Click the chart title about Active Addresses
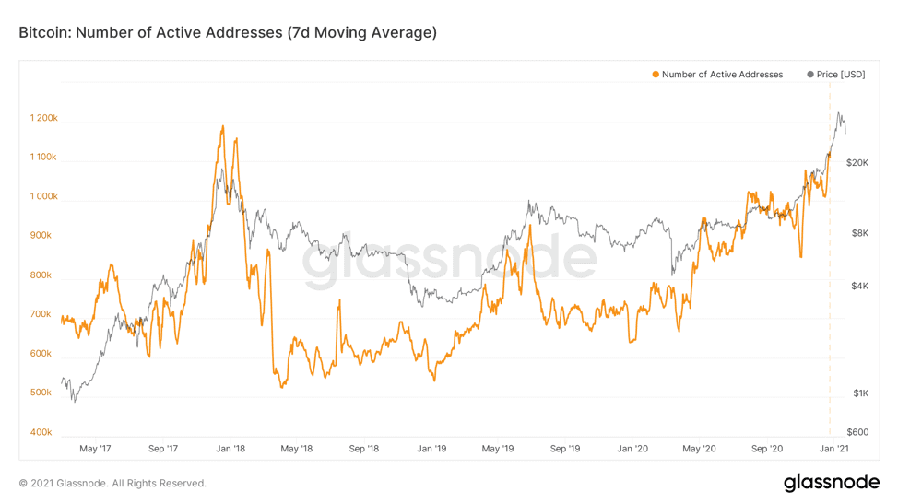[228, 33]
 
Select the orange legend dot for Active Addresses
[656, 75]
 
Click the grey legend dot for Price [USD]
[810, 75]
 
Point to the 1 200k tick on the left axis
[43, 118]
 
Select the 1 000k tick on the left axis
[43, 196]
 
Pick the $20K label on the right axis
[857, 163]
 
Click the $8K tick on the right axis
[860, 234]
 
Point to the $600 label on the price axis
[858, 432]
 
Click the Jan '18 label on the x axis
[230, 450]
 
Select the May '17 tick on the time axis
[95, 450]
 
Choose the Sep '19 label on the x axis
[565, 450]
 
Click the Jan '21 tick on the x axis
[834, 450]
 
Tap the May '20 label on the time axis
[699, 450]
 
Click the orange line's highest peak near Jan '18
[222, 126]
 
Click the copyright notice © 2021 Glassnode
[112, 484]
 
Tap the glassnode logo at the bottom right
[831, 483]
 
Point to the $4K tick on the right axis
[860, 287]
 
